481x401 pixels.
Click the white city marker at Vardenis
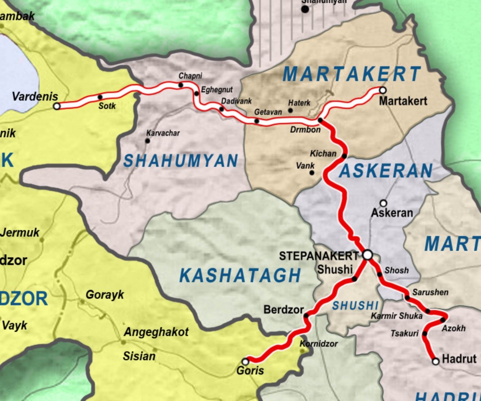(x=57, y=106)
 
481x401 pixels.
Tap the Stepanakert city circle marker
(x=368, y=254)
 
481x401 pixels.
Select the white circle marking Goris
(x=245, y=362)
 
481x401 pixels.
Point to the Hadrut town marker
(x=435, y=361)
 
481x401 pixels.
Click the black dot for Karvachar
(x=147, y=141)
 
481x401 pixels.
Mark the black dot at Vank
(x=311, y=173)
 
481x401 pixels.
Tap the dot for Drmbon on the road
(x=320, y=121)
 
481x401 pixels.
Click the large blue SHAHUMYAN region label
(x=180, y=161)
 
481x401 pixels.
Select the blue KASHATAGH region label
(x=240, y=275)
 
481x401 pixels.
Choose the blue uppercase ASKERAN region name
(x=385, y=171)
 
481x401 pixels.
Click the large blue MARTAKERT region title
(x=352, y=74)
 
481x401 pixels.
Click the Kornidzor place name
(x=318, y=344)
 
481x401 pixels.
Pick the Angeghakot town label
(x=156, y=332)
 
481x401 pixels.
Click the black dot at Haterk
(x=290, y=110)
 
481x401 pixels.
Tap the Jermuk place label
(x=20, y=232)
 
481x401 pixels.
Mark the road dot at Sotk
(x=100, y=97)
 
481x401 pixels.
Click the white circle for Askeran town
(x=383, y=203)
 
